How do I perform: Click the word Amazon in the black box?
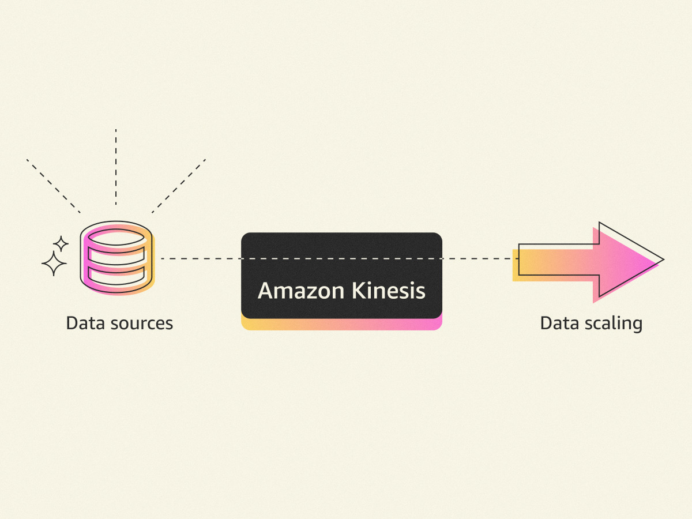[x=301, y=291]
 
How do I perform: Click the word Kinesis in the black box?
[x=389, y=290]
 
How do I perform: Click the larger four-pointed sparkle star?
[x=54, y=264]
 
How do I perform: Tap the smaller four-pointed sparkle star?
[x=61, y=244]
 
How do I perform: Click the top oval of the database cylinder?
[x=116, y=237]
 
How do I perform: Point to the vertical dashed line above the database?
[x=116, y=167]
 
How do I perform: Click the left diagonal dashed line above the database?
[x=53, y=186]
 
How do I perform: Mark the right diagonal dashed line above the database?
[x=179, y=186]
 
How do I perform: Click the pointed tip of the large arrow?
[x=664, y=259]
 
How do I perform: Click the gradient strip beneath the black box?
[x=341, y=324]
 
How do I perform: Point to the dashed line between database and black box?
[x=201, y=259]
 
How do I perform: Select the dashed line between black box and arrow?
[x=480, y=259]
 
